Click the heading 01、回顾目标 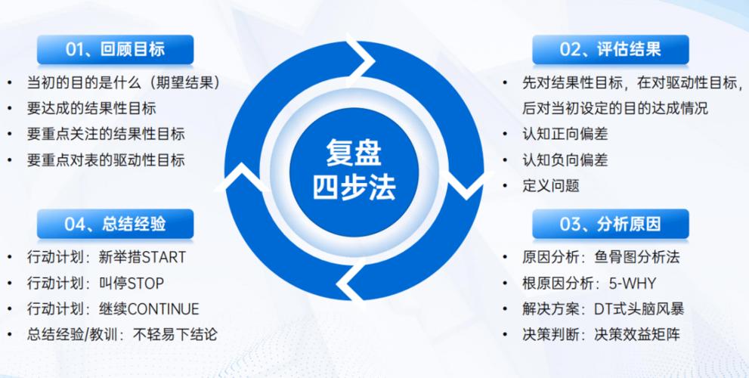pyautogui.click(x=115, y=50)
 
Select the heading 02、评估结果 pyautogui.click(x=610, y=50)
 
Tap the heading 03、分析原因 pyautogui.click(x=610, y=224)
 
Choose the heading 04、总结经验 pyautogui.click(x=115, y=224)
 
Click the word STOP pyautogui.click(x=146, y=283)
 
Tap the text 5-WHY pyautogui.click(x=632, y=283)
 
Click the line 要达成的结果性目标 pyautogui.click(x=91, y=108)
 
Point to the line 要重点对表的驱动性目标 pyautogui.click(x=106, y=160)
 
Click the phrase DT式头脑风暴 pyautogui.click(x=639, y=309)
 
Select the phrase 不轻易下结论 pyautogui.click(x=175, y=334)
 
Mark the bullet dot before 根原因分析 pyautogui.click(x=506, y=283)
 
